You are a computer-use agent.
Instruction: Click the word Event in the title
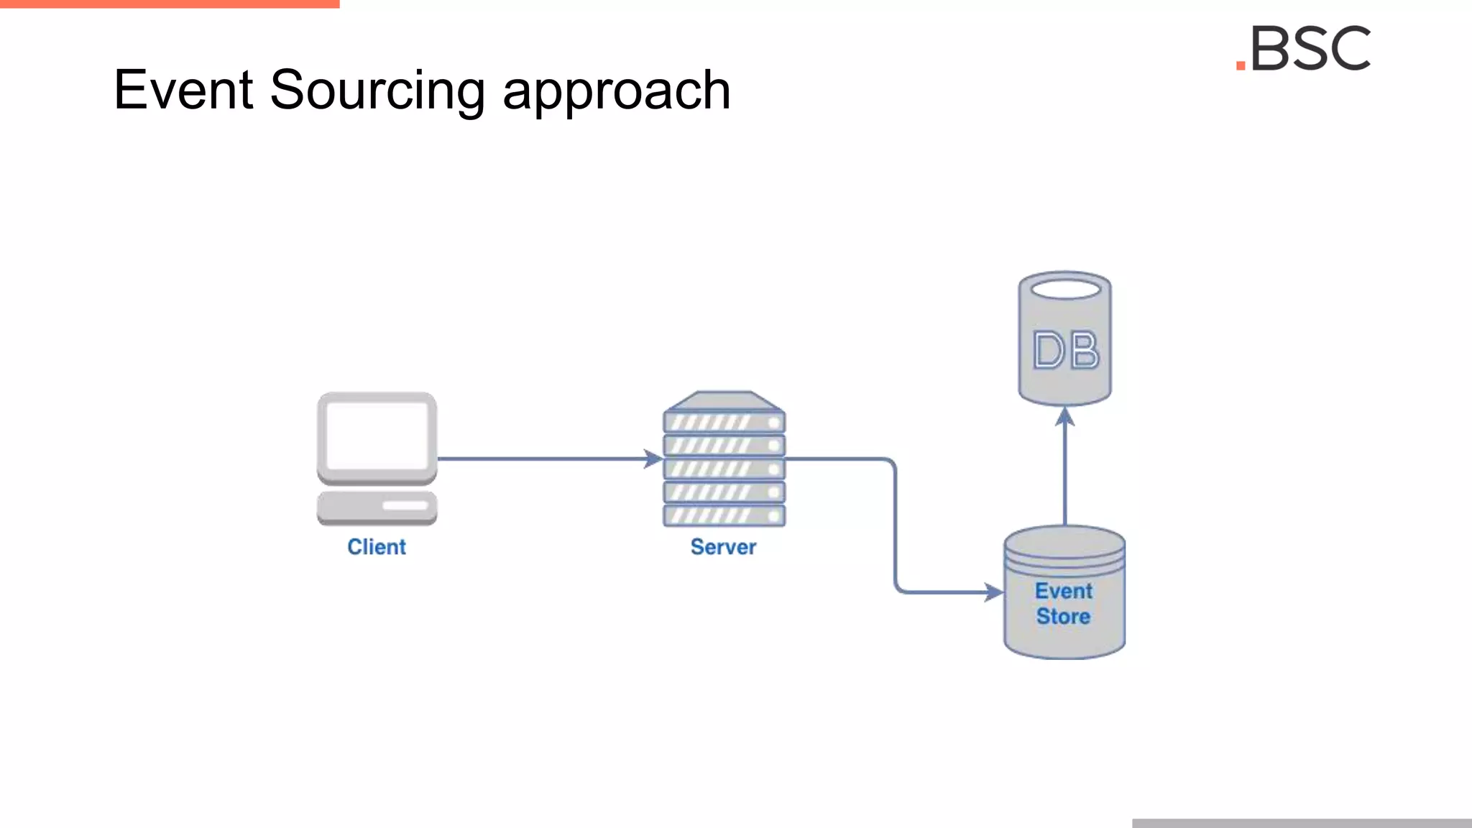click(183, 90)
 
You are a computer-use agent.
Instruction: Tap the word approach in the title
click(616, 93)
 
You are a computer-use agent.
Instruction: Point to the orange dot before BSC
click(1241, 65)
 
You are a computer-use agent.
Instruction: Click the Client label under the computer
click(377, 547)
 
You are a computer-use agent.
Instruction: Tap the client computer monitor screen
click(377, 434)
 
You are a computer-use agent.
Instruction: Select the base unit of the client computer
click(377, 507)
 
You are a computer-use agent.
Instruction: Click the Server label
click(723, 547)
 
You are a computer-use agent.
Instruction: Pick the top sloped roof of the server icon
click(724, 400)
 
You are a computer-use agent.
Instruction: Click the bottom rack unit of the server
click(724, 515)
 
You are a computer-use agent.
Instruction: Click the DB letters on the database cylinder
click(1066, 351)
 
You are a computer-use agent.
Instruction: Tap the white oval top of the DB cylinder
click(1065, 290)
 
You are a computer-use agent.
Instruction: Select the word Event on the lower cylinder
click(1064, 591)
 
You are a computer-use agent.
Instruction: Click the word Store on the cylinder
click(1063, 617)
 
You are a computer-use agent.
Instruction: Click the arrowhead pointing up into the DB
click(1065, 416)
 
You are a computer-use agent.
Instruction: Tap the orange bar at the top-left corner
click(170, 4)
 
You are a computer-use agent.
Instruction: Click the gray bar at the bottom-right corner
click(1302, 823)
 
